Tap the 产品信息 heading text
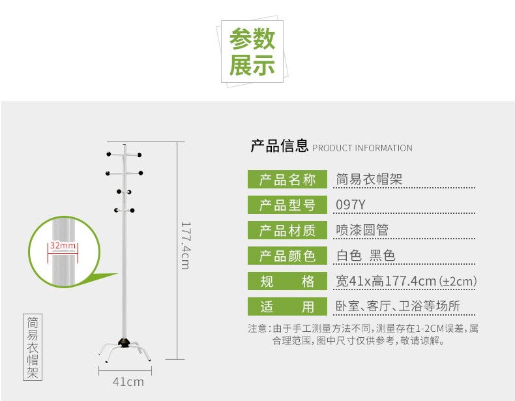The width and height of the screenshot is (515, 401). point(279,146)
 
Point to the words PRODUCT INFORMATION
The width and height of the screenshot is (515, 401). point(362,148)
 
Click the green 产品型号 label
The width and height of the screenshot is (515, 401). point(287,205)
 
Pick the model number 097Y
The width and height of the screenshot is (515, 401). point(350,205)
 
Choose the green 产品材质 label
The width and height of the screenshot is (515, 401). point(287,230)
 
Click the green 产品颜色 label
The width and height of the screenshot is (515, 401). point(287,256)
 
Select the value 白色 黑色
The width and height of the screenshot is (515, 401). point(365,256)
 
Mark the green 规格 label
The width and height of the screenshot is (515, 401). point(287,281)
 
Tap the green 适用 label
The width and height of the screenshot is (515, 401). point(287,306)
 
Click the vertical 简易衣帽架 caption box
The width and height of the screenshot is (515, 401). point(33,348)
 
